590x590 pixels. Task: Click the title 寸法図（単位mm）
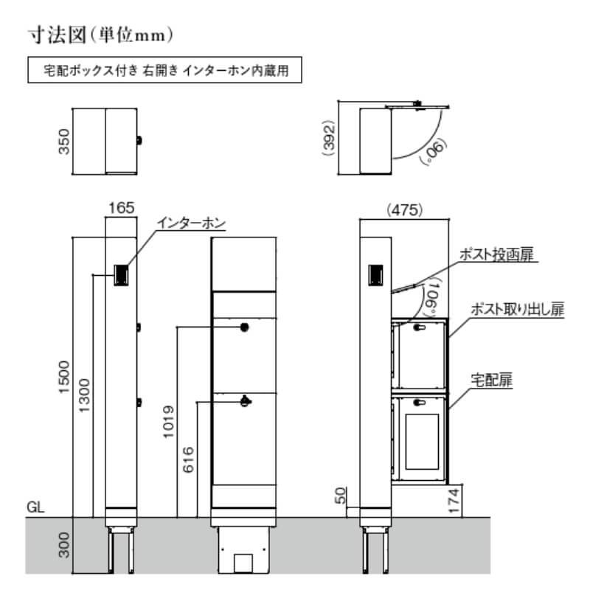pyautogui.click(x=100, y=34)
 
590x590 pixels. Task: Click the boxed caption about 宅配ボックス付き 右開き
pyautogui.click(x=164, y=73)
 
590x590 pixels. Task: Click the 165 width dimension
pyautogui.click(x=121, y=209)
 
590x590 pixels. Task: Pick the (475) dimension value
pyautogui.click(x=404, y=209)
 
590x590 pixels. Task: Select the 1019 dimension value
pyautogui.click(x=168, y=421)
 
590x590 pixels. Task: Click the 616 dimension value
pyautogui.click(x=188, y=459)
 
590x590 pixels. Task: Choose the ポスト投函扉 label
pyautogui.click(x=495, y=255)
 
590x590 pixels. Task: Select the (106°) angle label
pyautogui.click(x=432, y=295)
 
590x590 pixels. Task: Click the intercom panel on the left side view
pyautogui.click(x=121, y=275)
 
